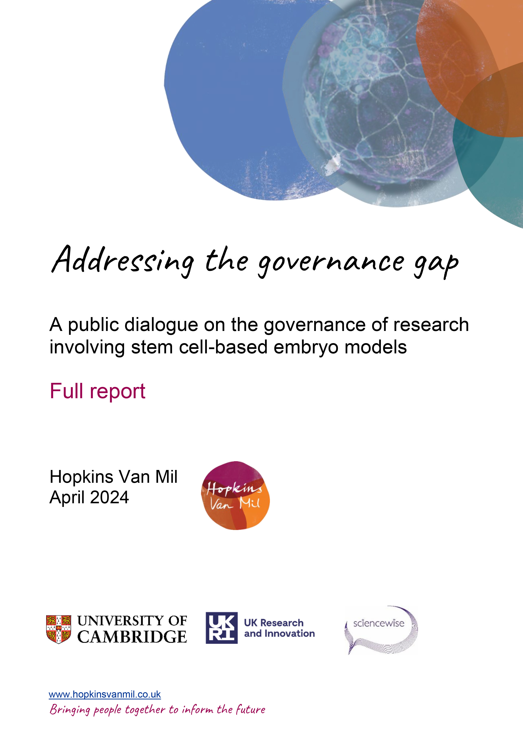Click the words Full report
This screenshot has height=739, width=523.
coord(97,391)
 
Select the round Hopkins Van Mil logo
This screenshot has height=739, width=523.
coord(235,496)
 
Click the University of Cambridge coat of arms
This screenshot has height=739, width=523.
coord(58,629)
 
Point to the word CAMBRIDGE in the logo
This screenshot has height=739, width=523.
coord(132,637)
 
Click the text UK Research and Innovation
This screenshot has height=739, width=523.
coord(279,628)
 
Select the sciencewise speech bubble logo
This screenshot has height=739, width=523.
coord(381,630)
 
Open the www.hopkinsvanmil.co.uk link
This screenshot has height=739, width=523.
coord(105,694)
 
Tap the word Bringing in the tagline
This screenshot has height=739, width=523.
coord(70,710)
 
